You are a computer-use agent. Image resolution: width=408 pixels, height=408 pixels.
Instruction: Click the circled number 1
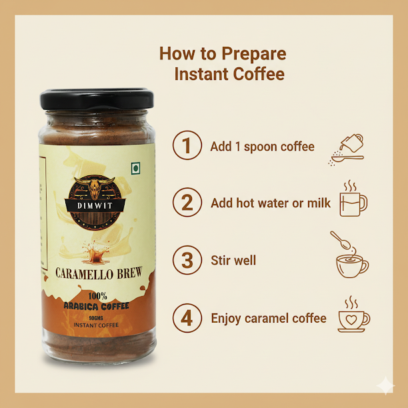(x=187, y=145)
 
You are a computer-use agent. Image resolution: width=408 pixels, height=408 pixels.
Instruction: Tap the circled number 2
(x=187, y=202)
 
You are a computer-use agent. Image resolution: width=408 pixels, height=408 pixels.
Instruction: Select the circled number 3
(x=187, y=260)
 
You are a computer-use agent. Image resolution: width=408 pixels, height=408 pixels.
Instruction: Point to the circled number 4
(x=187, y=318)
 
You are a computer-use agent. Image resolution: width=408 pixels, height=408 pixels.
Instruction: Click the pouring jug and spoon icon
(x=346, y=150)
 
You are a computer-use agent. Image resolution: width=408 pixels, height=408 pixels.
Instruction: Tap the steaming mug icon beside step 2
(x=353, y=198)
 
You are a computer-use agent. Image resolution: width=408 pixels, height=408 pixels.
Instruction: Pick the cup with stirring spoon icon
(x=350, y=254)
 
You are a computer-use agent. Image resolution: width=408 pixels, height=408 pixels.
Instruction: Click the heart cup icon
(x=354, y=314)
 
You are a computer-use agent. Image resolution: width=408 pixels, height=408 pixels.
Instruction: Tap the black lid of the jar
(x=97, y=99)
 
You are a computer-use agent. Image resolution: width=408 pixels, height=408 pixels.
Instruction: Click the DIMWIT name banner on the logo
(x=95, y=205)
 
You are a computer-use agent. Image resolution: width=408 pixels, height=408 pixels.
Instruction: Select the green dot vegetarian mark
(x=135, y=169)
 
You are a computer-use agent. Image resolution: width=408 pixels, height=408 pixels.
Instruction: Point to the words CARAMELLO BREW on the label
(x=99, y=273)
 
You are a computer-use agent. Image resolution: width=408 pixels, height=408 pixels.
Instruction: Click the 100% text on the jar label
(x=97, y=296)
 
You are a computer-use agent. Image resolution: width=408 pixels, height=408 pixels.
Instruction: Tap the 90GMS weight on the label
(x=96, y=318)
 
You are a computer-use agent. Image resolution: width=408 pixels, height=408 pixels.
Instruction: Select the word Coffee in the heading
(x=259, y=74)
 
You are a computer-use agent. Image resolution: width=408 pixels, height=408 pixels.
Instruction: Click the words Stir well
(x=233, y=260)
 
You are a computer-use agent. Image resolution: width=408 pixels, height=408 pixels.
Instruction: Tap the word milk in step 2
(x=319, y=203)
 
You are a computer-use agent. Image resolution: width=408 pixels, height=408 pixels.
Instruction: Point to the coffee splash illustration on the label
(x=96, y=252)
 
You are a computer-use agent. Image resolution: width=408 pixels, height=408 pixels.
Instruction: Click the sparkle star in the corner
(x=385, y=385)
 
